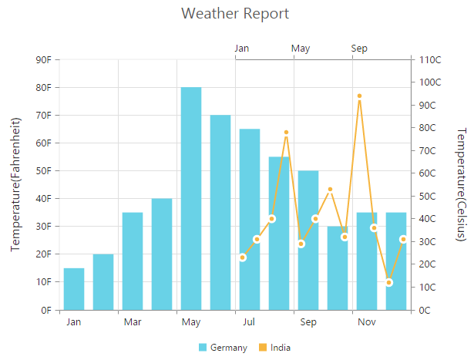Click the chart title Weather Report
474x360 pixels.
(x=235, y=14)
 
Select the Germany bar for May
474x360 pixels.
(x=191, y=198)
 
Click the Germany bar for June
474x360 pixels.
(x=220, y=212)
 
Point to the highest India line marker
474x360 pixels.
(x=359, y=96)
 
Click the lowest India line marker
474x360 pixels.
(x=389, y=282)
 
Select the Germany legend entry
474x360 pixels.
(x=223, y=348)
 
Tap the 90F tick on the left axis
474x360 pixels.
(x=44, y=59)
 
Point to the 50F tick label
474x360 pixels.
(x=44, y=170)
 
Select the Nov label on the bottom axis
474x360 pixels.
(x=367, y=321)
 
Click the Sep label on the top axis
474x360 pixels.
(x=359, y=49)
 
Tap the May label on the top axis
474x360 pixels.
(x=301, y=49)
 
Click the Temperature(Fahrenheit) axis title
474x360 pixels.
(x=15, y=184)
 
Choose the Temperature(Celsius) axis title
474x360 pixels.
(x=461, y=184)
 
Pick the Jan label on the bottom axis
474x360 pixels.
(x=74, y=321)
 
